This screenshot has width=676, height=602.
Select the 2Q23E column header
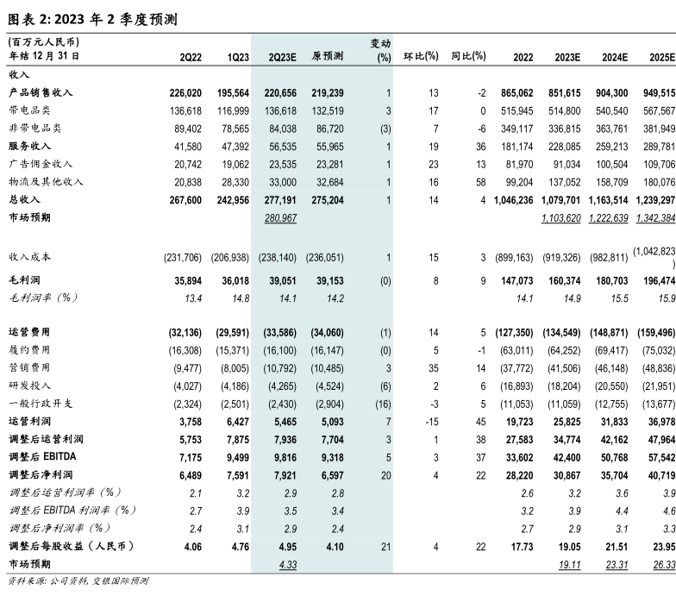(x=282, y=56)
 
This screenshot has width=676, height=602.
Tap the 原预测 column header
(x=328, y=56)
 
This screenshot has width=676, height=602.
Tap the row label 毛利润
(x=25, y=280)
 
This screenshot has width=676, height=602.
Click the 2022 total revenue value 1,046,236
(x=510, y=199)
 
